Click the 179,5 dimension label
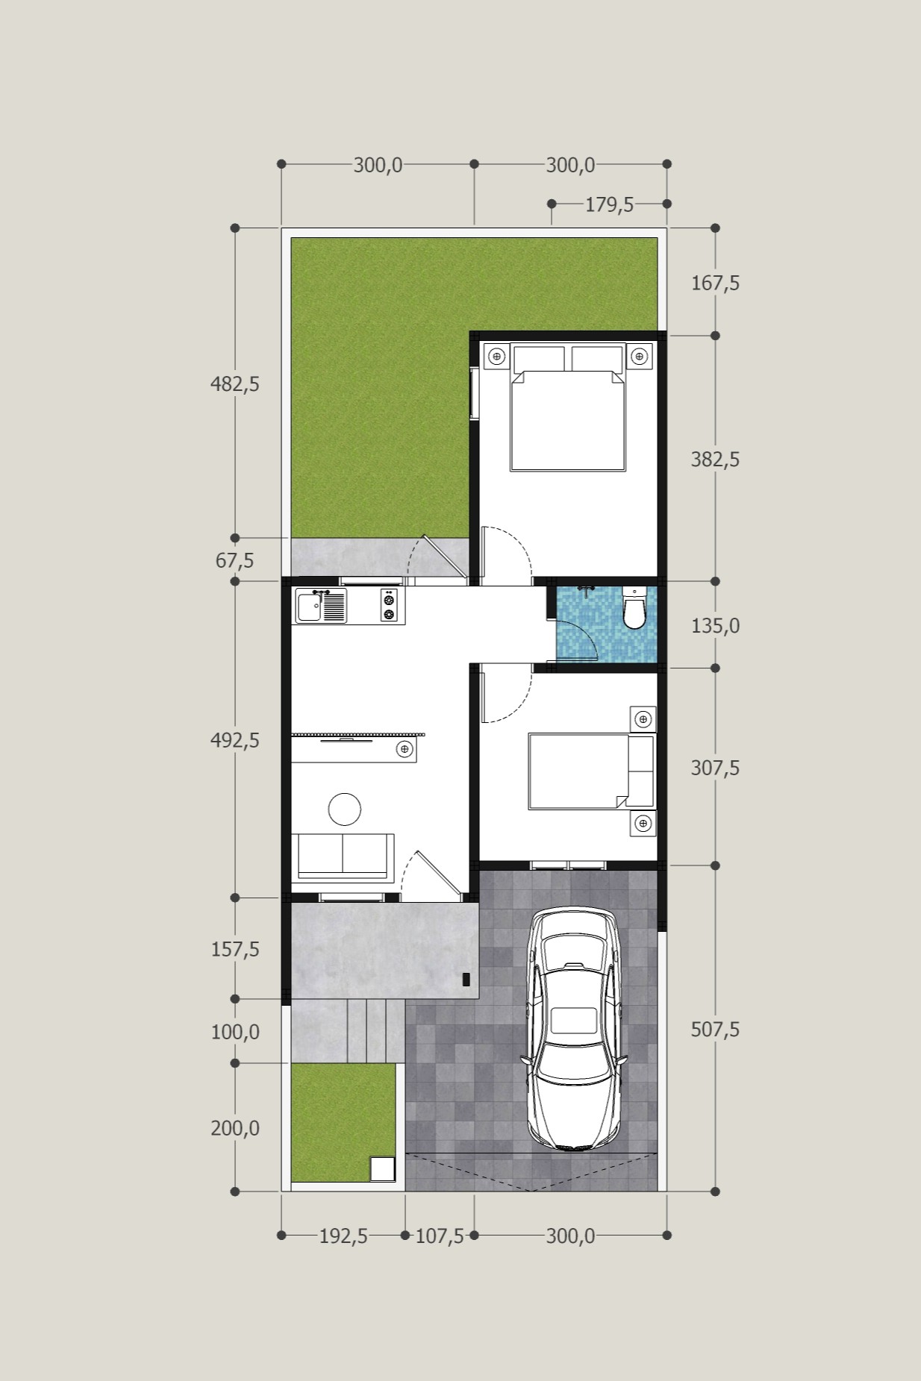609,204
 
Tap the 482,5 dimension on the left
235,384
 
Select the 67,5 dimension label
234,560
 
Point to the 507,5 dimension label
715,1030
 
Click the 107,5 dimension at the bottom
440,1236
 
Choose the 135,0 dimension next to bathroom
715,626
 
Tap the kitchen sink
322,606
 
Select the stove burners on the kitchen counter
389,605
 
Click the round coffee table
345,809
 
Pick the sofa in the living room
343,857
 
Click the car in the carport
574,1030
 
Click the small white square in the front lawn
383,1169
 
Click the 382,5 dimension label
715,460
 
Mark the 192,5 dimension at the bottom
343,1236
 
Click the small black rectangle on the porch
466,980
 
